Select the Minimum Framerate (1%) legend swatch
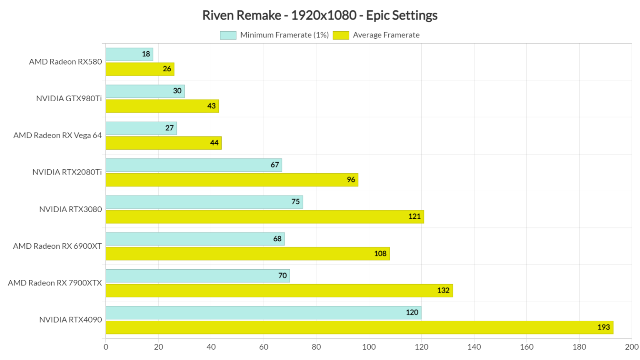coord(228,35)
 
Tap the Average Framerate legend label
coord(386,35)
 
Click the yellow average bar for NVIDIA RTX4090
coord(359,327)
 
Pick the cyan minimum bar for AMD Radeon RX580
coord(129,54)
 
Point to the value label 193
coord(603,327)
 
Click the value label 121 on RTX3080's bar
coord(414,217)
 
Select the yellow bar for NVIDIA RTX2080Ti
coord(232,180)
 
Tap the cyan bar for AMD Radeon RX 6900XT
coord(195,239)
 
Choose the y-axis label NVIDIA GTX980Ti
coord(69,99)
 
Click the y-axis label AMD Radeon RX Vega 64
coord(57,135)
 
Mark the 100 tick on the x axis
coord(369,347)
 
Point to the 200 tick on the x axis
coord(632,347)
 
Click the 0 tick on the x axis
coord(106,347)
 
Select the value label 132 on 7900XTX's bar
coord(443,290)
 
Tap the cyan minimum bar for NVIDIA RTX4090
coord(263,312)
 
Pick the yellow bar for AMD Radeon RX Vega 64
coord(163,143)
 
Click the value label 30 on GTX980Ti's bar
coord(177,91)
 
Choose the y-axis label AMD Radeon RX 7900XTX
coord(55,283)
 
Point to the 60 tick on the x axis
coord(264,347)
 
